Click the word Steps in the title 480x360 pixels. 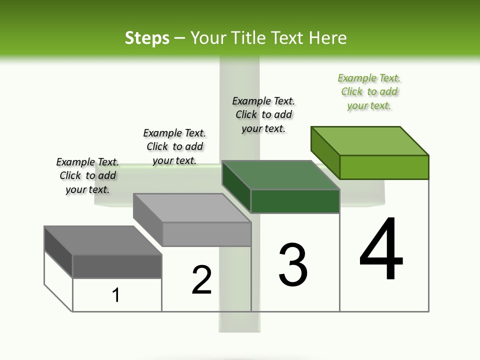[x=147, y=38]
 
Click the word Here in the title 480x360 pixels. [x=327, y=38]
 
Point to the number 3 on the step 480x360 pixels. [x=293, y=265]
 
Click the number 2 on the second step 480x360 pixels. [x=201, y=280]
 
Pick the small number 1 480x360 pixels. [x=116, y=295]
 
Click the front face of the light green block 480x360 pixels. [x=384, y=167]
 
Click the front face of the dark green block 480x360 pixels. [x=295, y=201]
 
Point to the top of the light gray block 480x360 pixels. [x=192, y=208]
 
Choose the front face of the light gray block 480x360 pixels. [x=206, y=234]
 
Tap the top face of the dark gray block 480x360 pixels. [x=103, y=240]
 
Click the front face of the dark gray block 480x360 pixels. [x=117, y=266]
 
